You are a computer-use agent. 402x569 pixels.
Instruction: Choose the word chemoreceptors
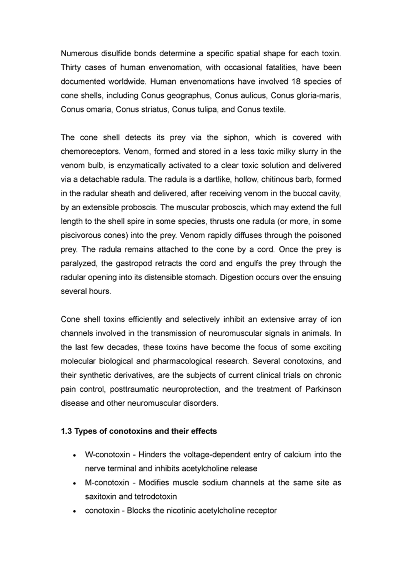90,152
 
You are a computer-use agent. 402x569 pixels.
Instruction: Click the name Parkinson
323,389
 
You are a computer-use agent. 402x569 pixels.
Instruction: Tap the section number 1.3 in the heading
67,431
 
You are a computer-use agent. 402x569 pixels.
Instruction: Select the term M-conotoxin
107,483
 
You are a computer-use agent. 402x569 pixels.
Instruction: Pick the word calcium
296,455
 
